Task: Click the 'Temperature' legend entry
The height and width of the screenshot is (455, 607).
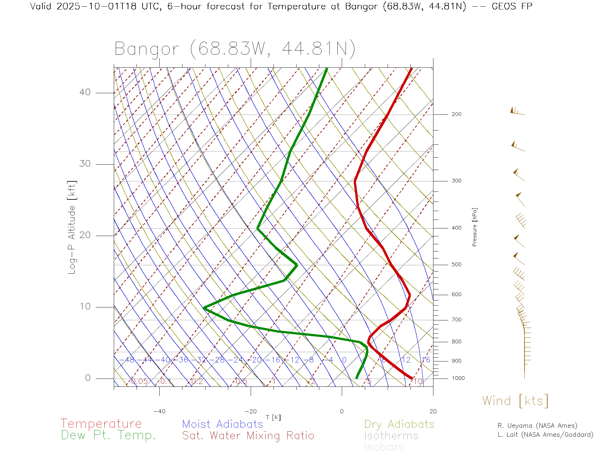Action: click(x=101, y=423)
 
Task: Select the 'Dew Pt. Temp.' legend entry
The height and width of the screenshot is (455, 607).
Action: click(x=108, y=435)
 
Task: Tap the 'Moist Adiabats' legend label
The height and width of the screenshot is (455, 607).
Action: click(x=223, y=424)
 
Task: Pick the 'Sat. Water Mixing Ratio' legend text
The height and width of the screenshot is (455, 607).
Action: click(x=248, y=436)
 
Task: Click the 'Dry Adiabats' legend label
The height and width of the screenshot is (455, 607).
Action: click(x=399, y=424)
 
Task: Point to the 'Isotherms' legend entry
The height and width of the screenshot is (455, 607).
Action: click(x=391, y=436)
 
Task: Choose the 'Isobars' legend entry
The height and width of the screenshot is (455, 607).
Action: click(x=384, y=447)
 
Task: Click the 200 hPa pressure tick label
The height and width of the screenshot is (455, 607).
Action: click(x=456, y=114)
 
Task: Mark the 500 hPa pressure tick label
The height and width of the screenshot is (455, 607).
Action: click(x=456, y=265)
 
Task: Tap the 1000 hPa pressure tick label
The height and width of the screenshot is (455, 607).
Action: click(x=458, y=378)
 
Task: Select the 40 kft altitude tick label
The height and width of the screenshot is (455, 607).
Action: click(x=85, y=92)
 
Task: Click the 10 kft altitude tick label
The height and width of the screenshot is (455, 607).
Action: click(x=85, y=306)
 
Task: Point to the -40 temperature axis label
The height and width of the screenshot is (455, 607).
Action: click(x=159, y=411)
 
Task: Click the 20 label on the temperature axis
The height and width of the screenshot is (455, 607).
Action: click(x=433, y=411)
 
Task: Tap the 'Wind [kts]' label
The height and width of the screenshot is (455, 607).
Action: click(x=515, y=401)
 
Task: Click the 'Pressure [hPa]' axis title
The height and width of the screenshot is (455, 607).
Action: click(x=475, y=227)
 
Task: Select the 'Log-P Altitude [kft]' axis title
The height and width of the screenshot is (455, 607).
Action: click(x=72, y=227)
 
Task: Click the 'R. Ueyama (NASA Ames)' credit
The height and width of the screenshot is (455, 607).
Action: click(x=537, y=426)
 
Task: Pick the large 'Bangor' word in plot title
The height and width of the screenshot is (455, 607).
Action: click(x=147, y=49)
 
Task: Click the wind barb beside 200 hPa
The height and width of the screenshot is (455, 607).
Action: click(x=517, y=111)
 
